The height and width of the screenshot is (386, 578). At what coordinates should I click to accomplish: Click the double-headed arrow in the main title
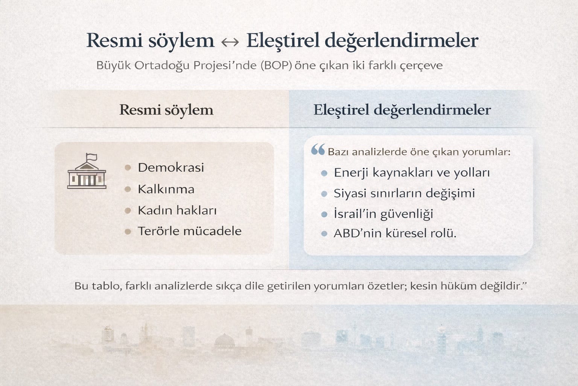coord(230,42)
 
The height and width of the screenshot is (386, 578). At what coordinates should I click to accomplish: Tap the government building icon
coord(87,171)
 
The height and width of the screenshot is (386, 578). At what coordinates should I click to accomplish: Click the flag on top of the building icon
coord(91,157)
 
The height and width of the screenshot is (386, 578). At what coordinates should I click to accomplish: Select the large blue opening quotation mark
coord(318,149)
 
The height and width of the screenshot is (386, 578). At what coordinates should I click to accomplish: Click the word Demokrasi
coord(171,167)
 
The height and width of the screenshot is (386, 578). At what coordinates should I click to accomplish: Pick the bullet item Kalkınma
coord(166,189)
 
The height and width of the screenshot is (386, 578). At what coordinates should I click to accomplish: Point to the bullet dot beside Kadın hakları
coord(128,210)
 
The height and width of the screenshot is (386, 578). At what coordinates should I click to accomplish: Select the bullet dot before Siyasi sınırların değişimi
coord(324,194)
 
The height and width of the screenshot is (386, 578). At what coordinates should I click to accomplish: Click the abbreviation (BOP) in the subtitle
coord(276,66)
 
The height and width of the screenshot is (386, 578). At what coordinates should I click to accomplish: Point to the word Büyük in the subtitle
coord(114,66)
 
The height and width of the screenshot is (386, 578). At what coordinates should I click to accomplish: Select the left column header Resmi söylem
coord(166,110)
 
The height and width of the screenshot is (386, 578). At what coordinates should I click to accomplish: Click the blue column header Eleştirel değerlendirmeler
coord(402,110)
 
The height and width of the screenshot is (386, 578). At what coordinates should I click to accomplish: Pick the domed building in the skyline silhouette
coord(224,340)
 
